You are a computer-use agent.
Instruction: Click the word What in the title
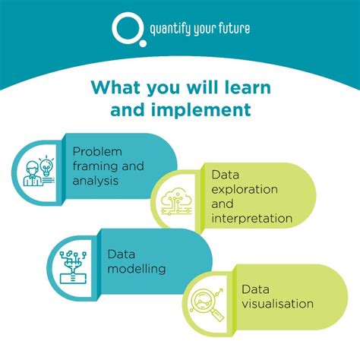pos(116,87)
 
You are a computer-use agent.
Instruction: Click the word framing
pos(95,167)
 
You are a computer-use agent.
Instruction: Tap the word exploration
pos(245,188)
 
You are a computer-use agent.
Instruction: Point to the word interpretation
pos(252,218)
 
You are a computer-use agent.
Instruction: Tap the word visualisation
pos(277,304)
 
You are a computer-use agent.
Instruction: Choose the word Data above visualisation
pos(257,289)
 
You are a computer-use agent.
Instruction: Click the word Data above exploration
pos(228,173)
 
